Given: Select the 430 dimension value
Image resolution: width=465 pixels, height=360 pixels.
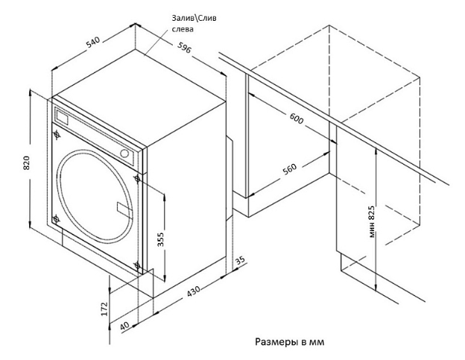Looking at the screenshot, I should [194, 293].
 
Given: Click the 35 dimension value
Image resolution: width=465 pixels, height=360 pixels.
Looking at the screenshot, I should [240, 261].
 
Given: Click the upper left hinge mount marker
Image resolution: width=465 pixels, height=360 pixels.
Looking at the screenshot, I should [57, 135].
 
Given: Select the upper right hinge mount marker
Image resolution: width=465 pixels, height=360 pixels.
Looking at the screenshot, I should [137, 179].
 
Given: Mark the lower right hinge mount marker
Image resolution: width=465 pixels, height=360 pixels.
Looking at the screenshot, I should [137, 265].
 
